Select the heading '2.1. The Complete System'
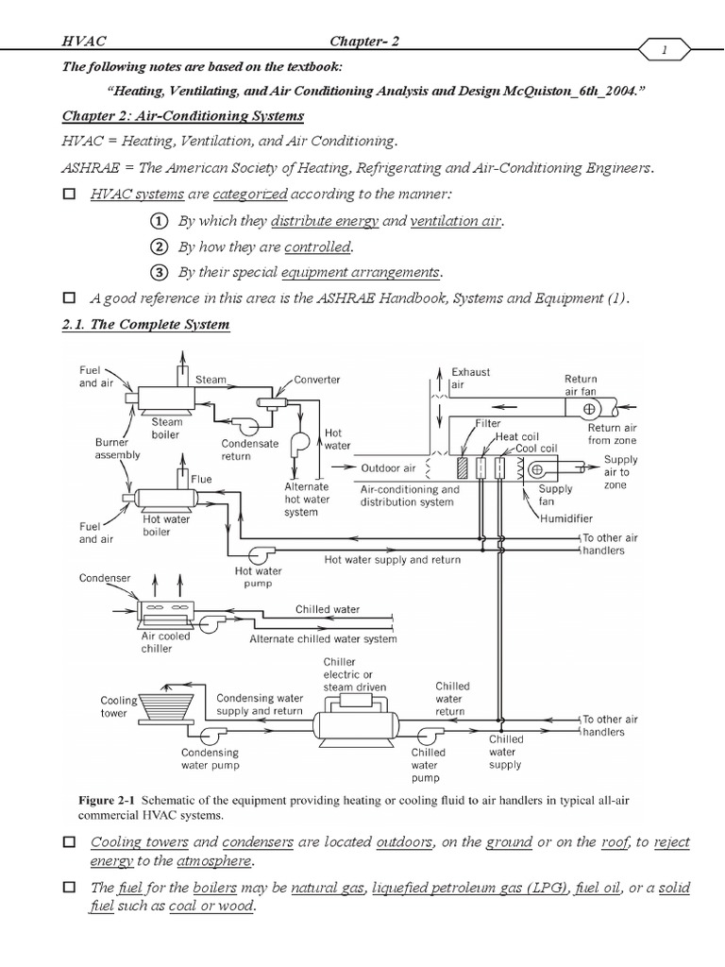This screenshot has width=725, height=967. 146,325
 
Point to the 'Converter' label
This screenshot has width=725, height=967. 316,380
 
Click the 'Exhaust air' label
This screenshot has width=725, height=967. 470,379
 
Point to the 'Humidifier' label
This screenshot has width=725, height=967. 569,517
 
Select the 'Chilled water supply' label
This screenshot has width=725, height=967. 506,752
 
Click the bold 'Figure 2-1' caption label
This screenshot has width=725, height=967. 110,801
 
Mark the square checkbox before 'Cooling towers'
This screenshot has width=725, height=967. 68,841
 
